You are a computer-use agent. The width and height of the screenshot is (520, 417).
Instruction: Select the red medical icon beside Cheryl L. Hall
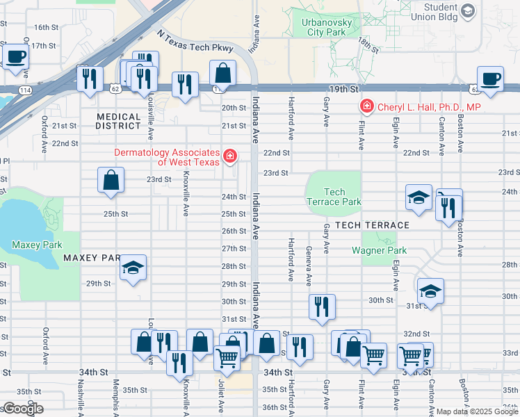365,106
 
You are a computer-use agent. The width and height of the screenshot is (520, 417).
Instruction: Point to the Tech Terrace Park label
334,197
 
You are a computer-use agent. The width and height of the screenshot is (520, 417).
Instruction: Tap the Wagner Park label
378,250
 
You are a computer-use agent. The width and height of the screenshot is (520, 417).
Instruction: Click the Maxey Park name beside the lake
36,245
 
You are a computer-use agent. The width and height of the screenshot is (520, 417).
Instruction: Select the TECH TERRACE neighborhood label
372,225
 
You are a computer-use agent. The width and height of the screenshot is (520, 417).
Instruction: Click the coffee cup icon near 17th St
16,56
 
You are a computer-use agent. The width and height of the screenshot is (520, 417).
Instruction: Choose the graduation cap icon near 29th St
132,268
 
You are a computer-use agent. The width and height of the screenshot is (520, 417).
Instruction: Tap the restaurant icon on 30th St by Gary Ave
321,306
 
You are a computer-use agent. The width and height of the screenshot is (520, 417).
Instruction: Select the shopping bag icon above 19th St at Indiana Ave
223,72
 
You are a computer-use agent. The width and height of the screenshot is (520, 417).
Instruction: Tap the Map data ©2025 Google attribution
477,411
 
